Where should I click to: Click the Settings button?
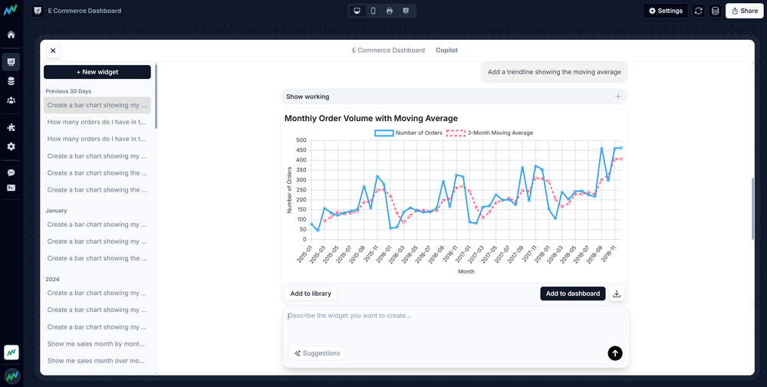coord(665,11)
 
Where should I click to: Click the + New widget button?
coord(97,71)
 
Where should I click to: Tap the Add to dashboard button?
coord(572,294)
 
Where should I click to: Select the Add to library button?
coord(310,294)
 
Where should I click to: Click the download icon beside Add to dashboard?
coord(617,294)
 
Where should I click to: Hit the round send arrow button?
coord(615,353)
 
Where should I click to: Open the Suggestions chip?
coord(317,353)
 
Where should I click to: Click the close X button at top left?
coord(53,51)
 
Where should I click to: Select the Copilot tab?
coord(446,51)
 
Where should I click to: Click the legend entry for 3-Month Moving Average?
coord(490,133)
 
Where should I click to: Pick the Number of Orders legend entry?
coord(409,133)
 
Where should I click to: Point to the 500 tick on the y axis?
coord(301,140)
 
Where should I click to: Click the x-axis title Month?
coord(466,271)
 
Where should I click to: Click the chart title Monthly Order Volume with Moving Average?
coord(371,118)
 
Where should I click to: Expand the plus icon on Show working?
coord(618,97)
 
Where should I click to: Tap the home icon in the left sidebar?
coord(11,34)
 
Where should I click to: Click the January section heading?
coord(56,210)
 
